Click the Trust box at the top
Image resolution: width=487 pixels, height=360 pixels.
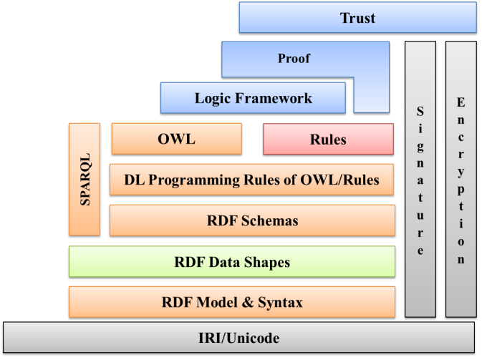point(358,17)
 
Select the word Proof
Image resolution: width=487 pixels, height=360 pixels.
point(294,59)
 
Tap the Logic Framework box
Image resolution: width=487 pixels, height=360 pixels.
point(253,98)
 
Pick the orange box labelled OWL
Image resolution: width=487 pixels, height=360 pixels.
point(177,139)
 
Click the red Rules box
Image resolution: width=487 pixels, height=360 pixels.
point(328,139)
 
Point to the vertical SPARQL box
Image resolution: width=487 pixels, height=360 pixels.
point(85,179)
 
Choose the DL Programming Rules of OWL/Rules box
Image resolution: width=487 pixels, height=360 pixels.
point(252,180)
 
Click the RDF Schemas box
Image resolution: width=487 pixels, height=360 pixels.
point(253,220)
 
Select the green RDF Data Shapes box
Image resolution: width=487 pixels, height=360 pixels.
point(232,261)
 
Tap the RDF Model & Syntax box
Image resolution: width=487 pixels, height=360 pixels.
point(232,302)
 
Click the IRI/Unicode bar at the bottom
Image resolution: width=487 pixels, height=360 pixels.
point(238,337)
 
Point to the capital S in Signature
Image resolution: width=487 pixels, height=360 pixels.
point(420,111)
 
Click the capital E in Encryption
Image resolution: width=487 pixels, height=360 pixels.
point(461,102)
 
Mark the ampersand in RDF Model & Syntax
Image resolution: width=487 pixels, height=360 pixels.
point(248,302)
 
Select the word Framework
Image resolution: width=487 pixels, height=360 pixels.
point(274,98)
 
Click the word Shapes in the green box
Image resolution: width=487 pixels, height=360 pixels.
point(267,262)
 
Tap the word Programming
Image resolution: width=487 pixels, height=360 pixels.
point(194,180)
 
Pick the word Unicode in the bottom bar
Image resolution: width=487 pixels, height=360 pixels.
point(253,338)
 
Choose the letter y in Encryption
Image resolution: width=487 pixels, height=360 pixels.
point(461,172)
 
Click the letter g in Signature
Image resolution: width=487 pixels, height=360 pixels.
point(420,147)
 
